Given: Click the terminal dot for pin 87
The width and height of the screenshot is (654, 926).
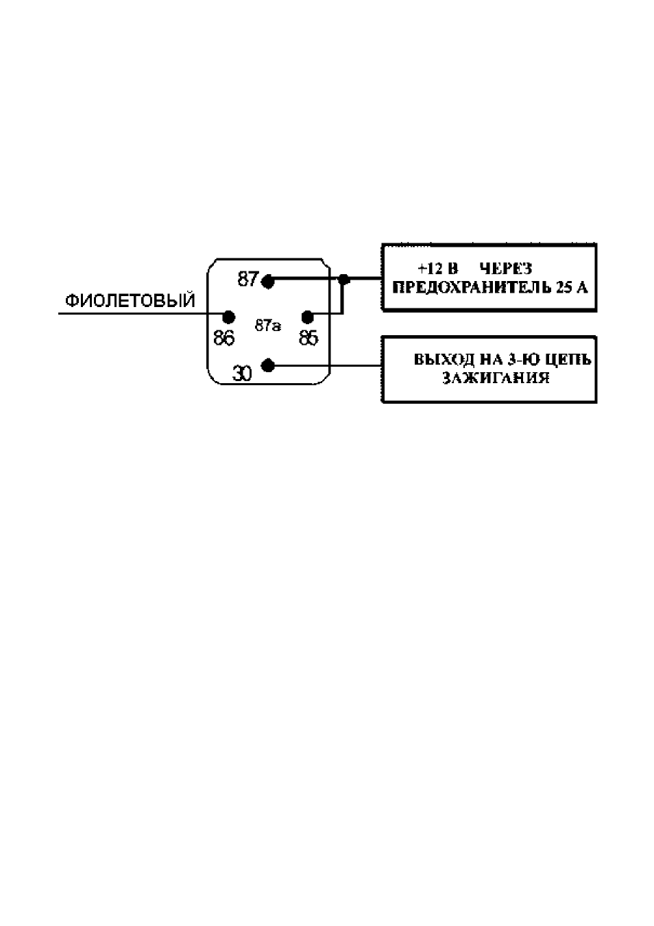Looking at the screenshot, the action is pos(268,282).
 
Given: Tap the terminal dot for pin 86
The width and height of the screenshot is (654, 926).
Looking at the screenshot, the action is pos(228,317).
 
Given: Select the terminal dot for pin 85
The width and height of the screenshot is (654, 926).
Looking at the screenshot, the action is pos(308,317).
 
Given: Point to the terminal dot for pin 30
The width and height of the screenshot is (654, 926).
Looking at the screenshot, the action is pos(268,365).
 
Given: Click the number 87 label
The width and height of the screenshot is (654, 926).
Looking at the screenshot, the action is pos(248,279).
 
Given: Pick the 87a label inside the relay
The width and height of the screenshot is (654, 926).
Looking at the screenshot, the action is pos(268,326).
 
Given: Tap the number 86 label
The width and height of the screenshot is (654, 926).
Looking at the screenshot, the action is pos(223,338).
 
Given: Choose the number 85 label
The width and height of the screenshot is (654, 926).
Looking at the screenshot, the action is pos(308,338).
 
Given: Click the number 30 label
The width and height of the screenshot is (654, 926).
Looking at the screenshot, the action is pos(242,374).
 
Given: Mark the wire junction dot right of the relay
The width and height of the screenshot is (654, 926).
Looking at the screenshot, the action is pos(343,280).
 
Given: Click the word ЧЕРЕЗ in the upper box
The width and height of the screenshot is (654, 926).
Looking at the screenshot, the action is pos(506,269).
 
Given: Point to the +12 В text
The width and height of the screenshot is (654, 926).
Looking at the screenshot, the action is pos(438,269).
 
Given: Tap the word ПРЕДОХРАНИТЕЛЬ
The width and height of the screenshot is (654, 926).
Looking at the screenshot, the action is pos(472,287).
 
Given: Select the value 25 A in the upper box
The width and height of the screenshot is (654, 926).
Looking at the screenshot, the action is pos(572,287).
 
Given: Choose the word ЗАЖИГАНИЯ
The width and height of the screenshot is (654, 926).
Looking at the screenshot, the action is pos(496,378).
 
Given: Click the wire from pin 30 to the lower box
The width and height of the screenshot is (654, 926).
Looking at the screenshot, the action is pos(324,365).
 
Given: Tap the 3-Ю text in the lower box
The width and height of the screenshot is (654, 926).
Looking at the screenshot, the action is pos(522,359).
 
